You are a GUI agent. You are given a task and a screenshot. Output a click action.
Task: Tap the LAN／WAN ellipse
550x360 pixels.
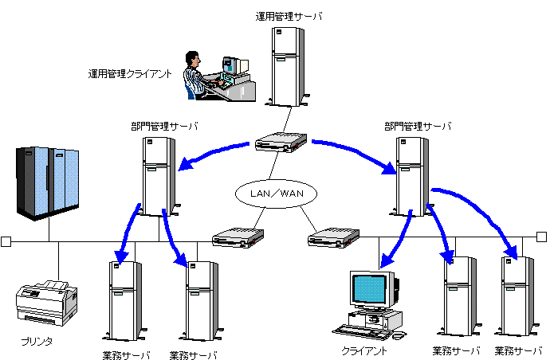pos(277,193)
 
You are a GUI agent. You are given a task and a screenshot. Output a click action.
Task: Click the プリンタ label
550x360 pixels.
pos(37,342)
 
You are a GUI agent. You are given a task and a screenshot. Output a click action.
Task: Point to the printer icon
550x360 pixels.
pos(47,302)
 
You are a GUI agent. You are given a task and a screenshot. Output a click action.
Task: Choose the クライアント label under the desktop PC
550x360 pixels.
pos(364,350)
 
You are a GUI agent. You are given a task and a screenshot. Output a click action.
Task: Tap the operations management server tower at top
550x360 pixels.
pos(288,68)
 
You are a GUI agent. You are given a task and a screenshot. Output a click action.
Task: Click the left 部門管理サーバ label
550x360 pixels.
pos(165,126)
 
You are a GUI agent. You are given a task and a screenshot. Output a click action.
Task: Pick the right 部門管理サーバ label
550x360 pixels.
pos(418,126)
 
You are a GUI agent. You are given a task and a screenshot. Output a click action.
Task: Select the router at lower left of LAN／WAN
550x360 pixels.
pos(238,237)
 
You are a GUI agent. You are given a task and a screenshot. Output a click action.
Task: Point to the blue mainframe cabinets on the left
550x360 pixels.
pos(49,182)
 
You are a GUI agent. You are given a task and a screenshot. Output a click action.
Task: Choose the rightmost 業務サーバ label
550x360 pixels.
pos(519,351)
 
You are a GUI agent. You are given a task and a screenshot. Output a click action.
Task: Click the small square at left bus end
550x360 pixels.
pos(6,241)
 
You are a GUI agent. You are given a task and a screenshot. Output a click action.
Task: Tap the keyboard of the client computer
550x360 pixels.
pos(363,329)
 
